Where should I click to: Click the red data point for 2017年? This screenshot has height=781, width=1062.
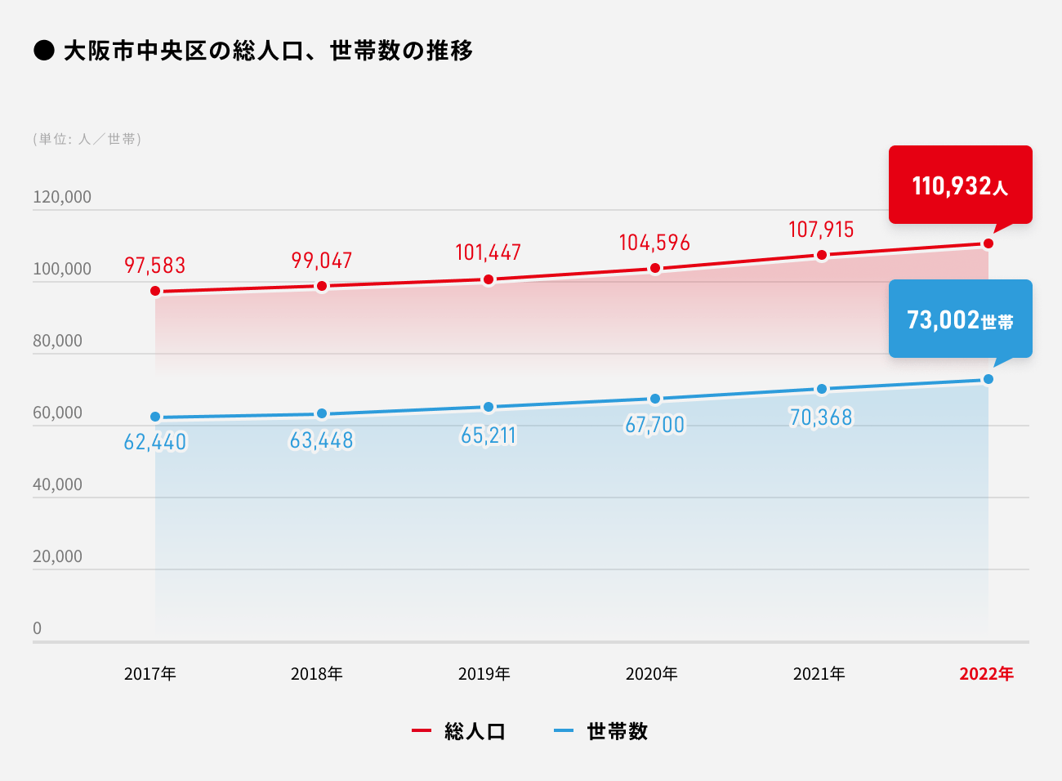click(x=155, y=291)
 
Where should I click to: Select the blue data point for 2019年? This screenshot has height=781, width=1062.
click(x=489, y=407)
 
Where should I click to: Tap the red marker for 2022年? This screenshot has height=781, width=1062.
click(x=988, y=243)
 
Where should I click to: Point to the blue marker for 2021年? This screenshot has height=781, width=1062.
click(x=822, y=389)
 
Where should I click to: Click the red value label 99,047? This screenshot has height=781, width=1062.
click(x=322, y=261)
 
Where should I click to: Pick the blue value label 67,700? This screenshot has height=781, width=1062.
click(x=654, y=425)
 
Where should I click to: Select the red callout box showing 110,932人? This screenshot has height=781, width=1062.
click(x=960, y=185)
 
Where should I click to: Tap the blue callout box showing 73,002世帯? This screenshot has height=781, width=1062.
click(x=960, y=319)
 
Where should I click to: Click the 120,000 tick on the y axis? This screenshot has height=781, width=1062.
click(x=62, y=197)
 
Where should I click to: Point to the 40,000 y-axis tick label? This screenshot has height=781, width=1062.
click(x=58, y=484)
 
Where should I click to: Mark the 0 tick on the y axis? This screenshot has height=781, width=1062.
click(x=37, y=628)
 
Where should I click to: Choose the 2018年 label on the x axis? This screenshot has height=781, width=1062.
click(x=317, y=674)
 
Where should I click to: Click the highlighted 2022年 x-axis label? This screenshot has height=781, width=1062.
click(x=986, y=674)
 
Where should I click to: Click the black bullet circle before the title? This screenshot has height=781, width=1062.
click(x=43, y=51)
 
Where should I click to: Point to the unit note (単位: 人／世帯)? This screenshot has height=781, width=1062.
click(x=87, y=139)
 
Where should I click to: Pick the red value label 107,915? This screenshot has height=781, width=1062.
click(x=821, y=230)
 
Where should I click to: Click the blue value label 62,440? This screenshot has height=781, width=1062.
click(x=155, y=442)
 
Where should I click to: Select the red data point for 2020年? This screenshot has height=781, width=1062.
click(x=655, y=268)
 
